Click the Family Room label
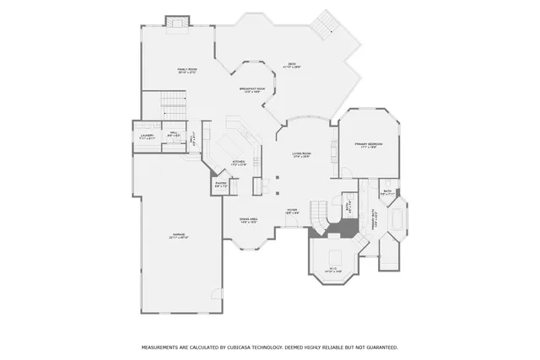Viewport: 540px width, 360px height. point(186,71)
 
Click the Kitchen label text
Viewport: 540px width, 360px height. point(239,163)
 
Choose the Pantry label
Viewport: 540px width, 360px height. point(220,184)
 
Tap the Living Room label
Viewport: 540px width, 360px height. point(301,154)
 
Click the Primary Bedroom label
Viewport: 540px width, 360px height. point(370,145)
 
